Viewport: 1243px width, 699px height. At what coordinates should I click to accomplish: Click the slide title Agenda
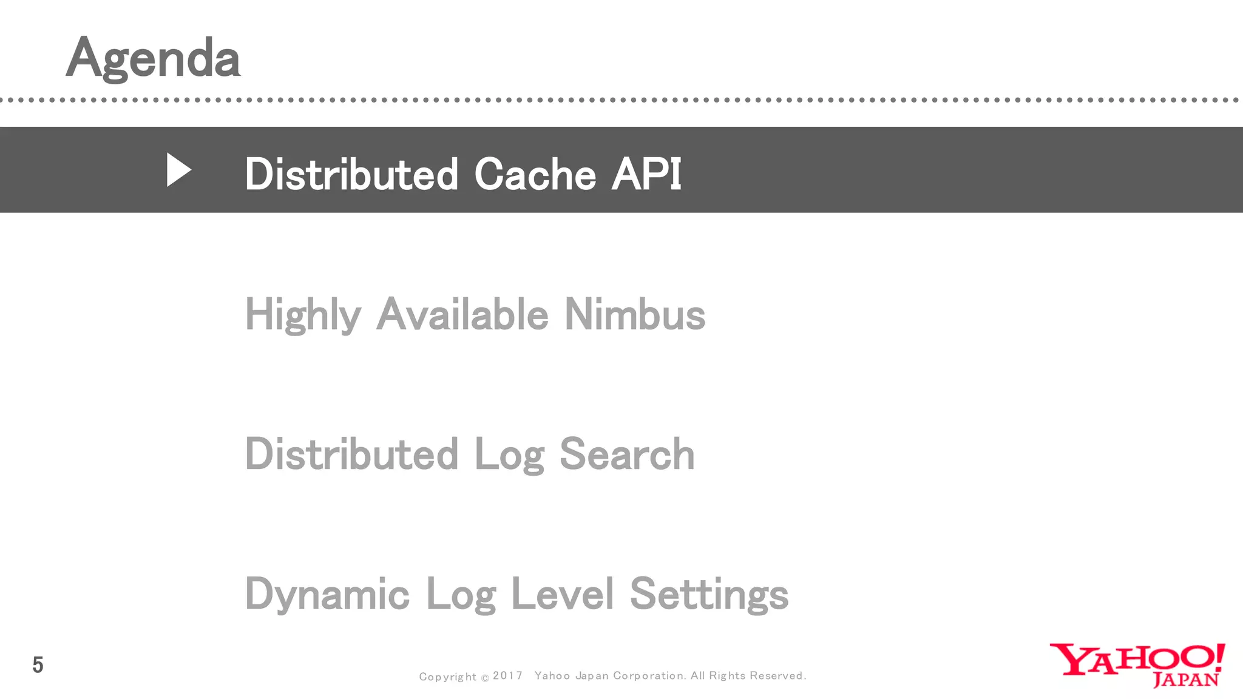tap(153, 59)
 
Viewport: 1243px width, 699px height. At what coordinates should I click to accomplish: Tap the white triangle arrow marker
tap(178, 170)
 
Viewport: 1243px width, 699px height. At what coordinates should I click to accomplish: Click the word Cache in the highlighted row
tap(535, 175)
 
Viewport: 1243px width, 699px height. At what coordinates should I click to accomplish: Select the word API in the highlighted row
tap(646, 175)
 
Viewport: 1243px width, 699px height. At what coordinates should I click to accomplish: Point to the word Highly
tap(303, 315)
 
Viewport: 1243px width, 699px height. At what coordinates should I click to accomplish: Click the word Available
tap(462, 314)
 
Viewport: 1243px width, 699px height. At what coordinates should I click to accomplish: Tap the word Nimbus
tap(634, 314)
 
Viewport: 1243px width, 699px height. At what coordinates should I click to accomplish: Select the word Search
tap(626, 454)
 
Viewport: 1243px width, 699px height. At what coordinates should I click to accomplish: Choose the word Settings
tap(709, 595)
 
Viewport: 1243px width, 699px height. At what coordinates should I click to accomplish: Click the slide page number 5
tap(38, 666)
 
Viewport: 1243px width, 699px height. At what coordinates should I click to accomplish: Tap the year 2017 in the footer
tap(507, 676)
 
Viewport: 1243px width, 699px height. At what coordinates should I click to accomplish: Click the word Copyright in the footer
tap(448, 677)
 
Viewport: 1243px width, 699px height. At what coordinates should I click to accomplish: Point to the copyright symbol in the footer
tap(485, 678)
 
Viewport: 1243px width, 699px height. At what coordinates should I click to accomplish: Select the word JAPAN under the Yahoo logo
tap(1185, 680)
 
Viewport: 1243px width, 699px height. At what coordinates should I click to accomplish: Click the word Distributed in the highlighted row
tap(351, 175)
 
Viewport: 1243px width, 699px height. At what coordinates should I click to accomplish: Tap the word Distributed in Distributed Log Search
tap(351, 454)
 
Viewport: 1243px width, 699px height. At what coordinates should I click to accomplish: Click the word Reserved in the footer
tap(777, 676)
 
